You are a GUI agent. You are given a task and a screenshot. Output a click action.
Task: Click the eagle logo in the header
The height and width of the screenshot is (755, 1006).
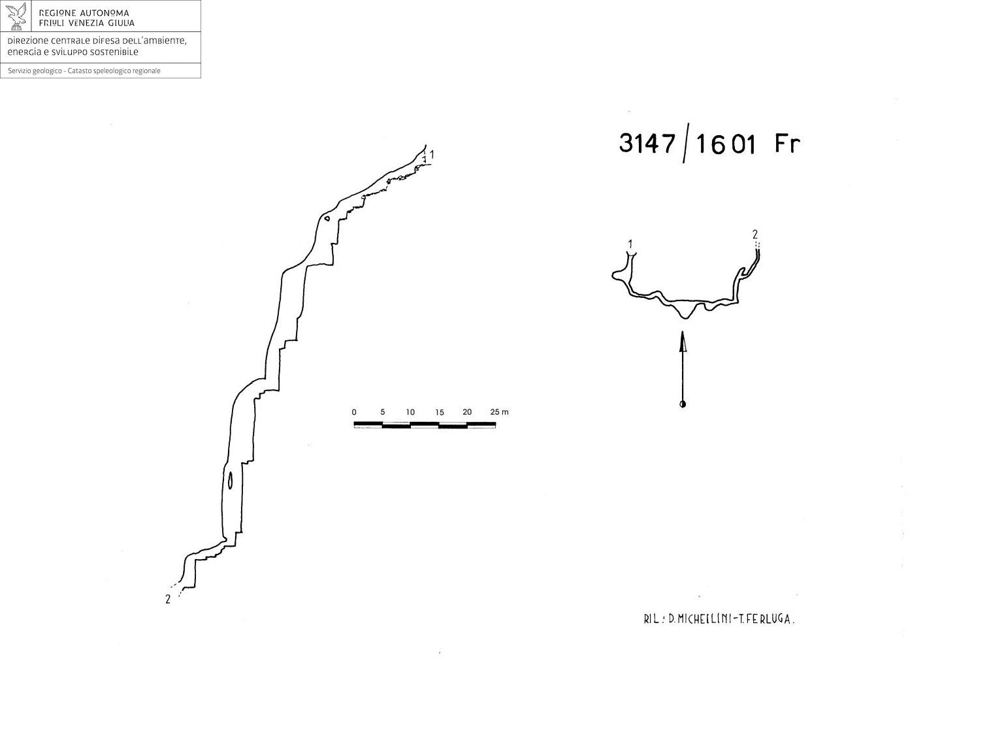(16, 16)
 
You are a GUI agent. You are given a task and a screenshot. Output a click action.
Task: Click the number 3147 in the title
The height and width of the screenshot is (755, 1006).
(647, 143)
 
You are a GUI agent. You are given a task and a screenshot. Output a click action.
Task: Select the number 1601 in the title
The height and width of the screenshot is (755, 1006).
(725, 144)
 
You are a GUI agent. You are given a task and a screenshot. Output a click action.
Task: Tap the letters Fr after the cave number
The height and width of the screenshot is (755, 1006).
(787, 143)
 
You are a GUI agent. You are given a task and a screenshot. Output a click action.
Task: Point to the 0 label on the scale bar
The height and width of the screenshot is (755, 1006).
(354, 412)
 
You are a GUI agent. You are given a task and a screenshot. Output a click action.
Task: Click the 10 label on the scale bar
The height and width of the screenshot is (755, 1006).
(410, 412)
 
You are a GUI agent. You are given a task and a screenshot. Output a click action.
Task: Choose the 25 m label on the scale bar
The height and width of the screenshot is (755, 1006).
(499, 412)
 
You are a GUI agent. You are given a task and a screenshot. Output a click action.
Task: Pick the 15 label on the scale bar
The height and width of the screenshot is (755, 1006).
(439, 412)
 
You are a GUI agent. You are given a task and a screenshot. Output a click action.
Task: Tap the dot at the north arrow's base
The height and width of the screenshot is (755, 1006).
(683, 404)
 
